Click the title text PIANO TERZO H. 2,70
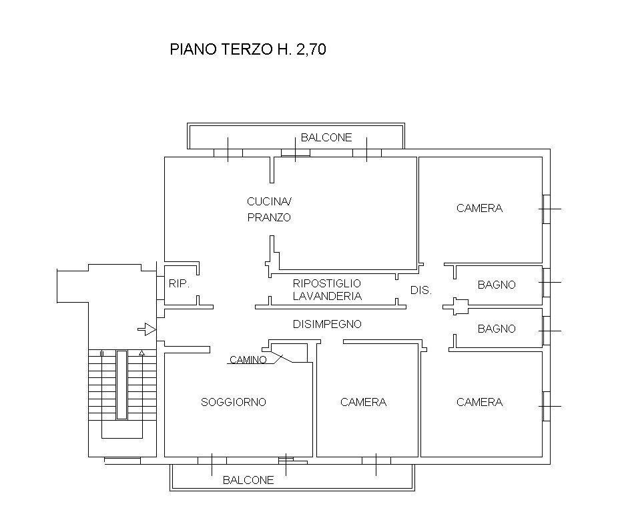coord(248,49)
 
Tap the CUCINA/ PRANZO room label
coord(270,209)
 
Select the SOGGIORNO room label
coord(234,402)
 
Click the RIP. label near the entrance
coord(179,284)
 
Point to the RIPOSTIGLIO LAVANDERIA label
coord(327,290)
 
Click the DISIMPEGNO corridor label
coord(327,325)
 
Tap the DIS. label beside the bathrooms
coord(421,291)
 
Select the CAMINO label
coord(248,360)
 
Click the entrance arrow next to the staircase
coord(147,329)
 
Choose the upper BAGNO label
coord(497,285)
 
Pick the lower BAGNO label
coord(497,329)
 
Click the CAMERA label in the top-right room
coord(479,208)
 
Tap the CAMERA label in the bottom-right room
coord(479,402)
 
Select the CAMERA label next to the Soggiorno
coord(363,402)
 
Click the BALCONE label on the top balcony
coord(326,138)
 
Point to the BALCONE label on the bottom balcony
coord(248,480)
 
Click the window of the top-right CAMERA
coord(546,209)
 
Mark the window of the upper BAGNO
coord(546,282)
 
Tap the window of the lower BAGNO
coord(546,331)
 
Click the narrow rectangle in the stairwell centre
coord(121,385)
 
